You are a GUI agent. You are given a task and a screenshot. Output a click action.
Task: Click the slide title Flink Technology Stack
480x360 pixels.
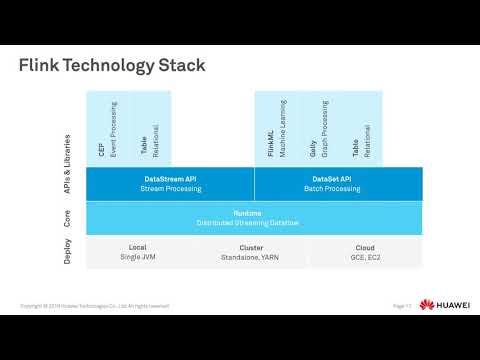point(112,66)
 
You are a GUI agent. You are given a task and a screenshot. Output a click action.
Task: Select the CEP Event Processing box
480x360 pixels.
point(107,129)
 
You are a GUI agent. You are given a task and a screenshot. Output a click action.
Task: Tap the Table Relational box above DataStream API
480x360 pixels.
point(150,129)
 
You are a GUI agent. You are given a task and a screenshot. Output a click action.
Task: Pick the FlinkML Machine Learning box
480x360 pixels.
point(276,129)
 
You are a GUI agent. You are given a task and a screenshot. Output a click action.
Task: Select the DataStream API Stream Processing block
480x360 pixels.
point(169,183)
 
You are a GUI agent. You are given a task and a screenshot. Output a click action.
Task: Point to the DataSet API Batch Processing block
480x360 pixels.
point(338,183)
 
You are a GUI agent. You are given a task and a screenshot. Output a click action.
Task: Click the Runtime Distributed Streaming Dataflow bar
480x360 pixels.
point(254,218)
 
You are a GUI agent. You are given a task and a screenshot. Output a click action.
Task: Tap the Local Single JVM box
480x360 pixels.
point(138,252)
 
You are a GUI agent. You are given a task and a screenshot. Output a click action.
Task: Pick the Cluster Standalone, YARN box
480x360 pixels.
point(252,252)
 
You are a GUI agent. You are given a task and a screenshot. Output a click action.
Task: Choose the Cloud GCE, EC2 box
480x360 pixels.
point(365,252)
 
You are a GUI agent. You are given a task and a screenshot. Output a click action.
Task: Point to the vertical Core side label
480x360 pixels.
point(67,217)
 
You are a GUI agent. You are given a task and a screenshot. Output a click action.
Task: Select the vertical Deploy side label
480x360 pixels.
point(67,252)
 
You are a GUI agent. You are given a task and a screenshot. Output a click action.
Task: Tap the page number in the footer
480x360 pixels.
point(402,305)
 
